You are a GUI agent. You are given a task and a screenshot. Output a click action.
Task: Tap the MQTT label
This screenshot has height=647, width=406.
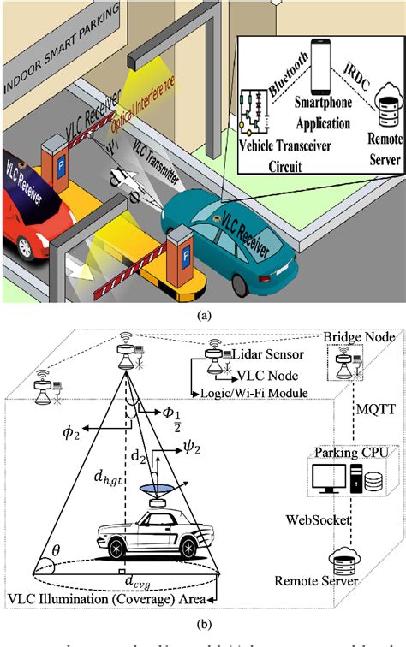pos(377,409)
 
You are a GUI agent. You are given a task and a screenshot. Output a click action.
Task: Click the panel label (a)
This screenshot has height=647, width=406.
pos(204,314)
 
